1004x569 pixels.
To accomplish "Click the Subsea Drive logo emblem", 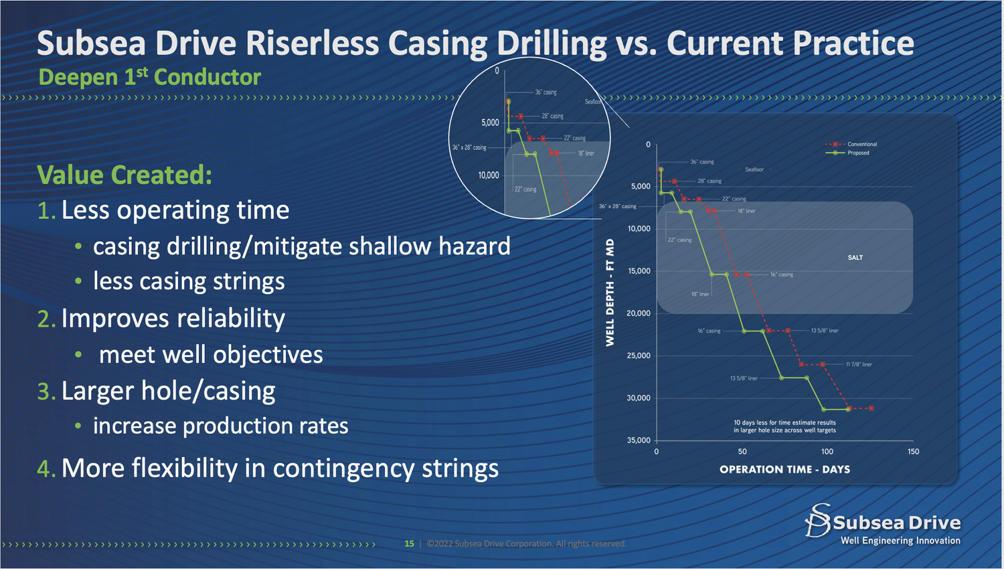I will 817,521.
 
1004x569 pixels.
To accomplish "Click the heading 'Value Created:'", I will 124,175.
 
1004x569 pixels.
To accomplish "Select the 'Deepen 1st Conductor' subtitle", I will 149,77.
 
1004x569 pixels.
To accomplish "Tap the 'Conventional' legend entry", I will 861,144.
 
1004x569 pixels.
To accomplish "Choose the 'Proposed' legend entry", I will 857,153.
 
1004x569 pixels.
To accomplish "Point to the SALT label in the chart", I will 855,258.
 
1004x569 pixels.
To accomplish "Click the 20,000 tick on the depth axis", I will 638,313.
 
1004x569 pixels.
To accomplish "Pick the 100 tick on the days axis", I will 827,452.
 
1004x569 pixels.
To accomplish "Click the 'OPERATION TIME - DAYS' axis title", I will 784,469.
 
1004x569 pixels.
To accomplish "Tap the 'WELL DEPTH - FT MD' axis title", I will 610,293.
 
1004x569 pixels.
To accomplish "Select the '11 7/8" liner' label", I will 858,365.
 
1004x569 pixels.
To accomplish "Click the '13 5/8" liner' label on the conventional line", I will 825,331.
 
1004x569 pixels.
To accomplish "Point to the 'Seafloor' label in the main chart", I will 754,169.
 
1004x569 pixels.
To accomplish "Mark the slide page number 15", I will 409,544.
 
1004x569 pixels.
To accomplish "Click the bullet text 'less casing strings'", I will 189,282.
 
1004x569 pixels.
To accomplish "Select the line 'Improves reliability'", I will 173,319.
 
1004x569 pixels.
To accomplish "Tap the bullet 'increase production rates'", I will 220,426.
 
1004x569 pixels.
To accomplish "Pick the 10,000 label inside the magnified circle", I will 488,175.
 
